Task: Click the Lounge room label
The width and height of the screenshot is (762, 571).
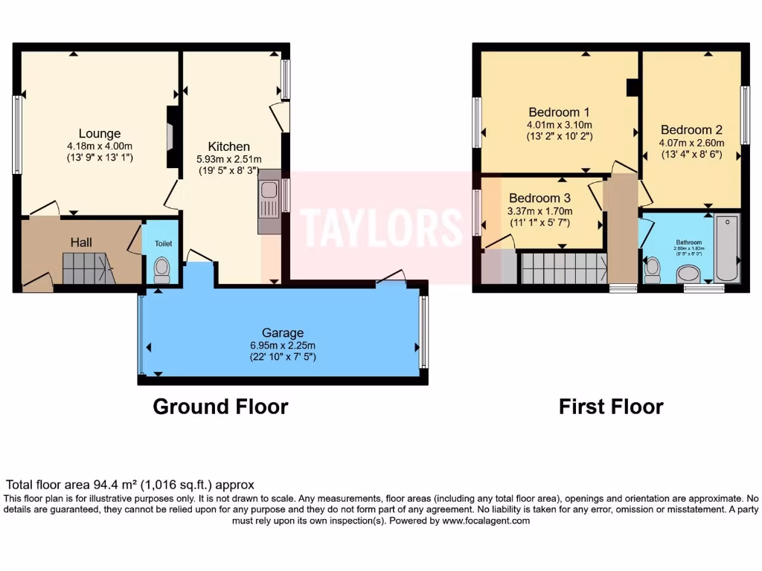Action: pos(99,134)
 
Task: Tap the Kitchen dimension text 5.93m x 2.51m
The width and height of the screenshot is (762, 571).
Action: pos(228,159)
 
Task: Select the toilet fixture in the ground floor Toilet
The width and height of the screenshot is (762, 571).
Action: pos(161,270)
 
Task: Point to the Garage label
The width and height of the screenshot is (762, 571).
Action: pos(282,332)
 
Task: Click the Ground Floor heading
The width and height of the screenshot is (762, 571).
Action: pos(220,407)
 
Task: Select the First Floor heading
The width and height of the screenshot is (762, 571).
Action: pos(611,407)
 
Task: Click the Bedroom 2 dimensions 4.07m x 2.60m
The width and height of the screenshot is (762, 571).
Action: pos(691,142)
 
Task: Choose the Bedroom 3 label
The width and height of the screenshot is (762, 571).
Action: pos(540,199)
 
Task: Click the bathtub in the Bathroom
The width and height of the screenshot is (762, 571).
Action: pos(726,248)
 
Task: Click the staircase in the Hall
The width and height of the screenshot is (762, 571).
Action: pos(87,268)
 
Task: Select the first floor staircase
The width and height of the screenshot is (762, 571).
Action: pos(563,268)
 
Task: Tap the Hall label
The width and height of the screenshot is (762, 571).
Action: pos(81,242)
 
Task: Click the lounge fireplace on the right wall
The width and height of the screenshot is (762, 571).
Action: pos(171,137)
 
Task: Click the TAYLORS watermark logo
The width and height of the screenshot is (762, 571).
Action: pos(381,225)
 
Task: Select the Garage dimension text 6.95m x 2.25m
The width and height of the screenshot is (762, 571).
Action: pos(282,345)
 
